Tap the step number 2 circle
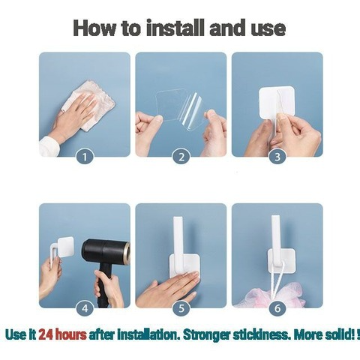coord(181,157)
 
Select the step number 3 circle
coord(277,157)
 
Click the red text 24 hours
coord(62,335)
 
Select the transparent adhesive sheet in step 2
coord(180,109)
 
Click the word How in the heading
coord(94,28)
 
